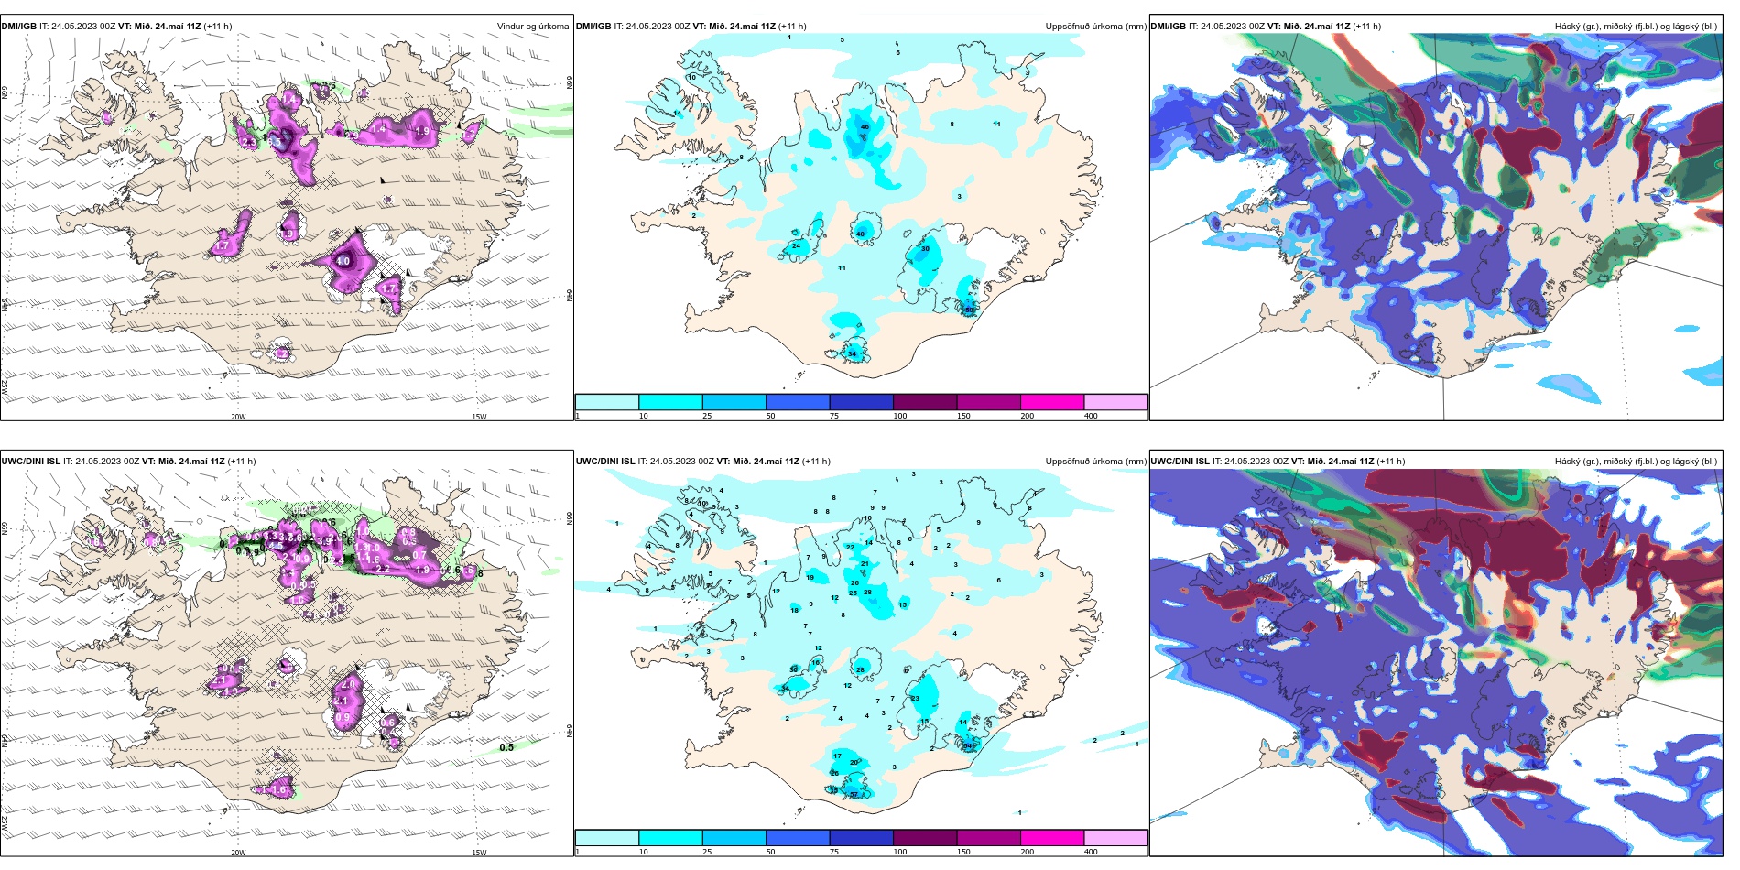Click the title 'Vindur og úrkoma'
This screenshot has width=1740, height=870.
(x=532, y=27)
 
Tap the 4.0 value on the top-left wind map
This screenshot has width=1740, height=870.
(x=343, y=261)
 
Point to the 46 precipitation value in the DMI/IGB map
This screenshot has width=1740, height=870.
(x=865, y=127)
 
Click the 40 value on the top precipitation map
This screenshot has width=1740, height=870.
(x=860, y=234)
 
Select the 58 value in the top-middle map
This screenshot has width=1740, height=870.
(x=970, y=310)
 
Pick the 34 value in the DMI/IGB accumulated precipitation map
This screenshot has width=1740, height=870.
(x=852, y=353)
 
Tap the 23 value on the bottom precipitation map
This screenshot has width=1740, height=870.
(x=915, y=698)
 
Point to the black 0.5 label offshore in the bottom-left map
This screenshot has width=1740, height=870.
(x=506, y=747)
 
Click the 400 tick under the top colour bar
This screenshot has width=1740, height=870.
(x=1091, y=416)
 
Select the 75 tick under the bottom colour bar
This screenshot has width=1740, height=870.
(x=834, y=852)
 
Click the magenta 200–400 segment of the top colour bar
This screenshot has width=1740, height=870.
(x=1052, y=402)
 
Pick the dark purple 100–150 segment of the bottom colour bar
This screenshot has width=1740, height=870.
(x=925, y=837)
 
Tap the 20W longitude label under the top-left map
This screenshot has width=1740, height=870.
(x=238, y=417)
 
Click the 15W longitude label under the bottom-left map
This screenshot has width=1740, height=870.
(x=479, y=852)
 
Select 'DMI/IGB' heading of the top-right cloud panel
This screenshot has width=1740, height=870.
(x=1168, y=27)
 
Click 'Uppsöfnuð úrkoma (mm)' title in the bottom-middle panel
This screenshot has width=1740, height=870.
(x=1095, y=462)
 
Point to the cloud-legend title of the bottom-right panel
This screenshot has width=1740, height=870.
(x=1636, y=462)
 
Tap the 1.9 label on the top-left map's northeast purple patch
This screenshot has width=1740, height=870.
(x=422, y=132)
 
